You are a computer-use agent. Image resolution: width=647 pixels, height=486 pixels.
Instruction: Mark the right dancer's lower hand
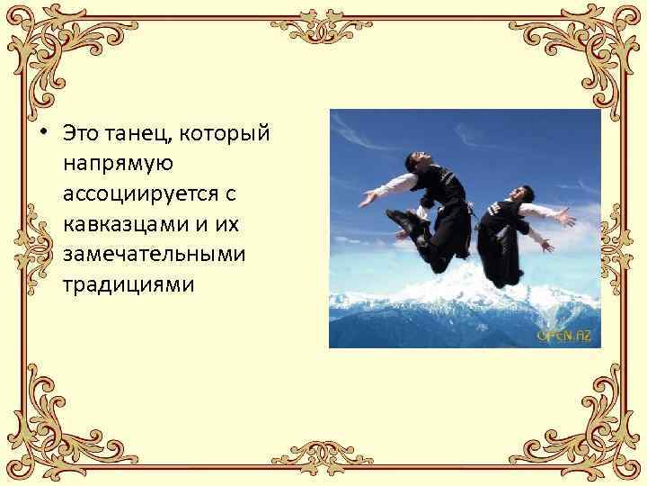pyautogui.click(x=545, y=245)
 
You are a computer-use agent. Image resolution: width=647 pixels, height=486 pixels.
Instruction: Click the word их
pyautogui.click(x=216, y=224)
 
